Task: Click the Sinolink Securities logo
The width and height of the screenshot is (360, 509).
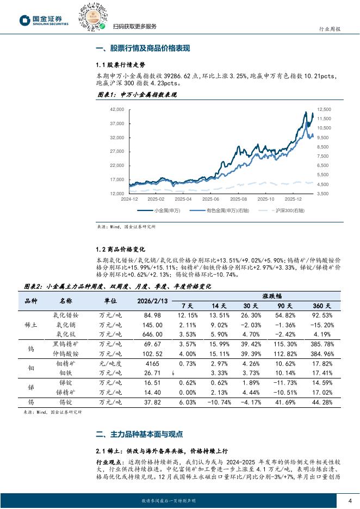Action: coord(44,21)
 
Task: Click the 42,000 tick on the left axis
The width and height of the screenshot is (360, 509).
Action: coord(117,109)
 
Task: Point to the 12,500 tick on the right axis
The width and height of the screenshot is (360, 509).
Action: coord(324,109)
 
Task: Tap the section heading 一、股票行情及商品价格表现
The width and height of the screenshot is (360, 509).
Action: coord(142,48)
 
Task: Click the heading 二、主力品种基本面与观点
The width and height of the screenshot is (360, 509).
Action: coord(139,434)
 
